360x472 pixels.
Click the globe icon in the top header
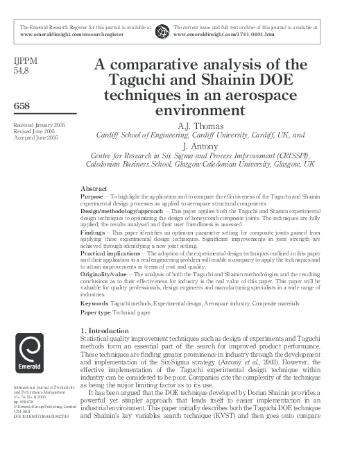[162, 30]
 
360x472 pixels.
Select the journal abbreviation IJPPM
[26, 62]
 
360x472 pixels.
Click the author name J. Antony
[200, 147]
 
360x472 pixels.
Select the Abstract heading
[94, 189]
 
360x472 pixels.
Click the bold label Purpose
[93, 196]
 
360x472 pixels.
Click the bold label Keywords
[95, 303]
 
